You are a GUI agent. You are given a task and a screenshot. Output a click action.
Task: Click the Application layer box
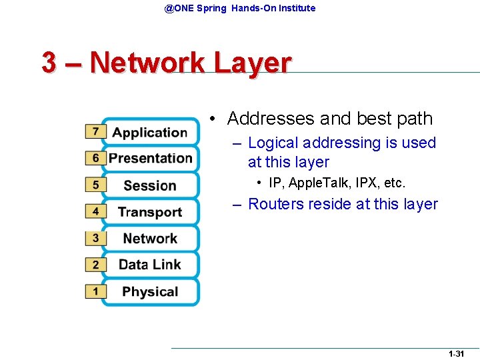(150, 132)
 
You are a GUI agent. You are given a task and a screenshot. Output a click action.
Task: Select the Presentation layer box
(150, 158)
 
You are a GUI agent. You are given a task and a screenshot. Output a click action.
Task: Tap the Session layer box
(150, 185)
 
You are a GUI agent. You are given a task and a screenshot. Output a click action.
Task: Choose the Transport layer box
(150, 212)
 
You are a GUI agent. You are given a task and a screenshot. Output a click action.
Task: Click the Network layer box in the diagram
(150, 238)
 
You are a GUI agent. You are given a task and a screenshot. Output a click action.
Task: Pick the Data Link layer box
(150, 265)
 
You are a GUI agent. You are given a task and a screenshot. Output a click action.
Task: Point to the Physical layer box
(150, 291)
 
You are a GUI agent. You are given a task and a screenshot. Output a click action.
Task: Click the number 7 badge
(95, 131)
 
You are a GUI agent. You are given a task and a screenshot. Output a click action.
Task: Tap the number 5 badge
(95, 185)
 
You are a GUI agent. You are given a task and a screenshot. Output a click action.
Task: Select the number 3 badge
(95, 238)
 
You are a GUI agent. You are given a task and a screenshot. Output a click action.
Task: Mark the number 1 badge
(95, 291)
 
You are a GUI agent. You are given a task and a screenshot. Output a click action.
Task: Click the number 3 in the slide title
(49, 63)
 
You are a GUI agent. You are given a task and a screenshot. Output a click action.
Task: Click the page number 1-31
(456, 354)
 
